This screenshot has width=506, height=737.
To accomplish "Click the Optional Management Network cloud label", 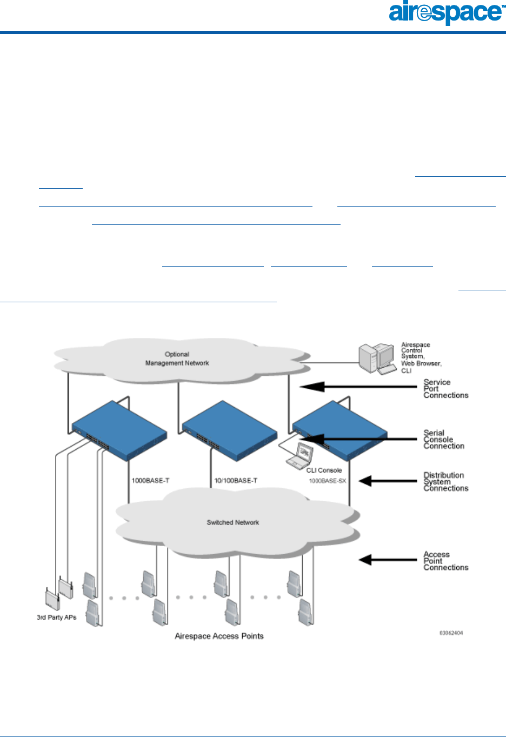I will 177,359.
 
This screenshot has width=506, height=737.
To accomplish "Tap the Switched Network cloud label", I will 232,522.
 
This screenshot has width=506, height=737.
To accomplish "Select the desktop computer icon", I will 377,358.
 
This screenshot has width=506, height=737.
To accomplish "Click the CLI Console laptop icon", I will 298,456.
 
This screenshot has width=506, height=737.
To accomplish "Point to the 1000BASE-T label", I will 151,481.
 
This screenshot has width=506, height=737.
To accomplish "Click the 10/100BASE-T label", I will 236,481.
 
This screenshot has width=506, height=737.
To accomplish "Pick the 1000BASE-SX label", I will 328,481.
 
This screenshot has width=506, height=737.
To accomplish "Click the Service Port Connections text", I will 445,389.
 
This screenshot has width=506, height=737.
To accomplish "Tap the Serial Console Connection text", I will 444,440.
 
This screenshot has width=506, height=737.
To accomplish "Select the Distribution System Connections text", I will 445,482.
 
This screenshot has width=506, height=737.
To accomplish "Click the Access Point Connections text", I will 445,561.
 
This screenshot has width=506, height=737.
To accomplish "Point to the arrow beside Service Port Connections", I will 357,387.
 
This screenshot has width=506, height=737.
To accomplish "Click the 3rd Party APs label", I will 57,618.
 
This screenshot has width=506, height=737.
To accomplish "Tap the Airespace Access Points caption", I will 219,636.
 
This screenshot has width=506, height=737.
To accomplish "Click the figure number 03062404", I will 451,633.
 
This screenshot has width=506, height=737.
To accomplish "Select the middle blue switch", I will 229,431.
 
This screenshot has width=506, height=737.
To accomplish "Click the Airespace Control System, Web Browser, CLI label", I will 421,357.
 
